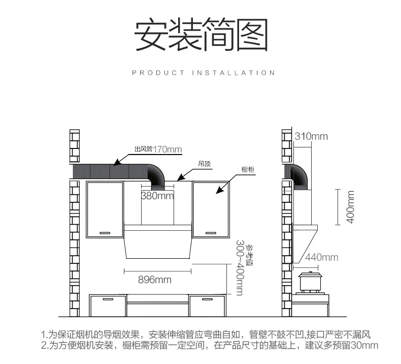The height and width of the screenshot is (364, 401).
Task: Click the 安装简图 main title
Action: (x=200, y=35)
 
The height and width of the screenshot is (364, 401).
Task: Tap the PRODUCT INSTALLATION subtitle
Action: (x=203, y=73)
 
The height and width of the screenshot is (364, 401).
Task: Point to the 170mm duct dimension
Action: (x=168, y=149)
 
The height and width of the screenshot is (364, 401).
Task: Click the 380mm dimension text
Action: (x=157, y=196)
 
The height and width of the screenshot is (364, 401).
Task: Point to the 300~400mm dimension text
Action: (x=240, y=267)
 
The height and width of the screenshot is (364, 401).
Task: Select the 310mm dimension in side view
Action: (x=311, y=136)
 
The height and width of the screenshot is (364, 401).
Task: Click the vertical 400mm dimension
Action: (x=349, y=206)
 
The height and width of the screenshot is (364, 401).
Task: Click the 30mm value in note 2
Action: (x=366, y=346)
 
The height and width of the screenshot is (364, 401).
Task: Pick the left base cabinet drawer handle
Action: (x=108, y=299)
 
